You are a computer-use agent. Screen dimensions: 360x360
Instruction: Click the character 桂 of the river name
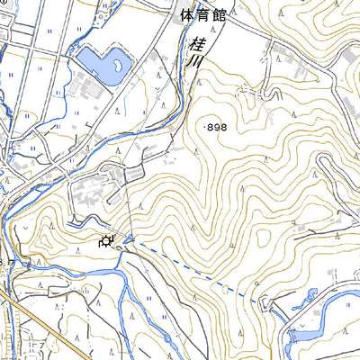pyautogui.click(x=195, y=44)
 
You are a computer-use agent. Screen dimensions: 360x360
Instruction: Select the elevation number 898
pyautogui.click(x=218, y=129)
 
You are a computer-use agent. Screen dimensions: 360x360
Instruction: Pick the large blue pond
pyautogui.click(x=101, y=65)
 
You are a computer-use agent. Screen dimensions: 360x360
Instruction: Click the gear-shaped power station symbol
pyautogui.click(x=107, y=240)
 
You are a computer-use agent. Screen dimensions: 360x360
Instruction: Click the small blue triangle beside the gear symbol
pyautogui.click(x=130, y=238)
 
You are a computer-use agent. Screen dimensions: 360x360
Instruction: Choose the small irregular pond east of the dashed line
pyautogui.click(x=311, y=294)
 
